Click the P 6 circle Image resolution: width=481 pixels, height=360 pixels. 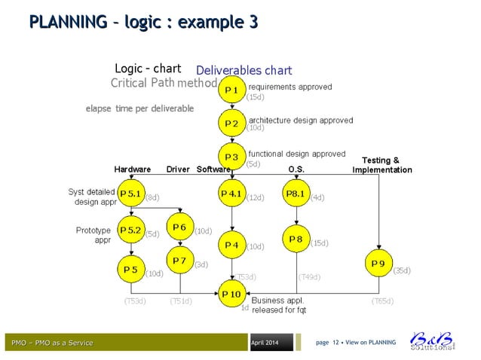[179, 227]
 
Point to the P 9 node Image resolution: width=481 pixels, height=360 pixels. [378, 264]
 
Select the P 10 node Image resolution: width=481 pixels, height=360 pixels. [231, 294]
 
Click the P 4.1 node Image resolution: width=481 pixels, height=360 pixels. [231, 194]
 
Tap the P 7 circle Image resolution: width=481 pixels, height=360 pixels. [179, 261]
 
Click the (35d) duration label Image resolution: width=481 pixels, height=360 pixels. [402, 270]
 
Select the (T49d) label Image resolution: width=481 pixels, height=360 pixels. [309, 277]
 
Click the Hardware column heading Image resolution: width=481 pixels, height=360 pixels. [132, 169]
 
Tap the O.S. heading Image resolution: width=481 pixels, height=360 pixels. [296, 169]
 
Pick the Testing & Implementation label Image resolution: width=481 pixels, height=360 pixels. [381, 165]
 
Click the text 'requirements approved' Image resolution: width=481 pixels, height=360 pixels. [290, 87]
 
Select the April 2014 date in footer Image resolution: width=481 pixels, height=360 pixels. [264, 343]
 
